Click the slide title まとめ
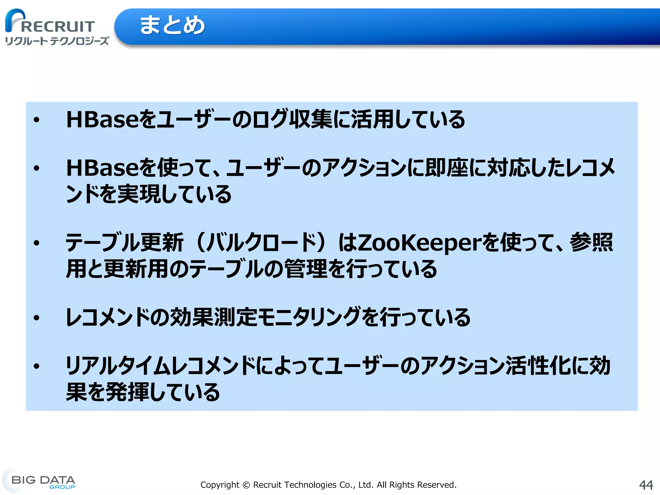coord(172,25)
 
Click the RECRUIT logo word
coord(58,26)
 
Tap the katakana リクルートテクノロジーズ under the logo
coord(57,41)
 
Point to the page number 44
coord(646,485)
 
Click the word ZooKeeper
coord(419,243)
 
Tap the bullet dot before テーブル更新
coord(37,243)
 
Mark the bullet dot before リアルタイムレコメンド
coord(37,366)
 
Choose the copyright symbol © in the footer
coord(246,485)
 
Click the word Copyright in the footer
coord(220,485)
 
